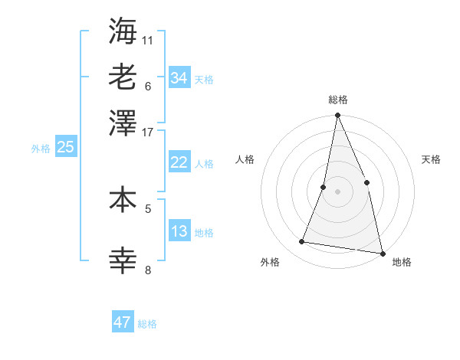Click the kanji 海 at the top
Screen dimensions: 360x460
[x=123, y=31]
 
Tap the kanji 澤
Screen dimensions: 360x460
[x=123, y=123]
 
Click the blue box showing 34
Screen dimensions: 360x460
[x=179, y=78]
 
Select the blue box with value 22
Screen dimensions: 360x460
[x=179, y=162]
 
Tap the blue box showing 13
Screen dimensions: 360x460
[x=179, y=231]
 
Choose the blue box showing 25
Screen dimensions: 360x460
[x=65, y=148]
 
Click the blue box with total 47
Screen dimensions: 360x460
[x=122, y=322]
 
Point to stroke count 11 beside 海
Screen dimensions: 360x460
[x=148, y=40]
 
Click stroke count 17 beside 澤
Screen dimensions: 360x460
[x=148, y=132]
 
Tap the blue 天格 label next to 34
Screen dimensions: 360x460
[x=203, y=80]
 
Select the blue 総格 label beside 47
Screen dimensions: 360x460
[x=147, y=324]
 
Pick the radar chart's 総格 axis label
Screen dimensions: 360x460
[x=337, y=100]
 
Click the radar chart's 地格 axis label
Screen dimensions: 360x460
[x=402, y=262]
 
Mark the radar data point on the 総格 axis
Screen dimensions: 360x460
[x=337, y=116]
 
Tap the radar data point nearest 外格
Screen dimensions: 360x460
[x=302, y=242]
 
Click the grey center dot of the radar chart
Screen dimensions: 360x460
[x=337, y=191]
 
